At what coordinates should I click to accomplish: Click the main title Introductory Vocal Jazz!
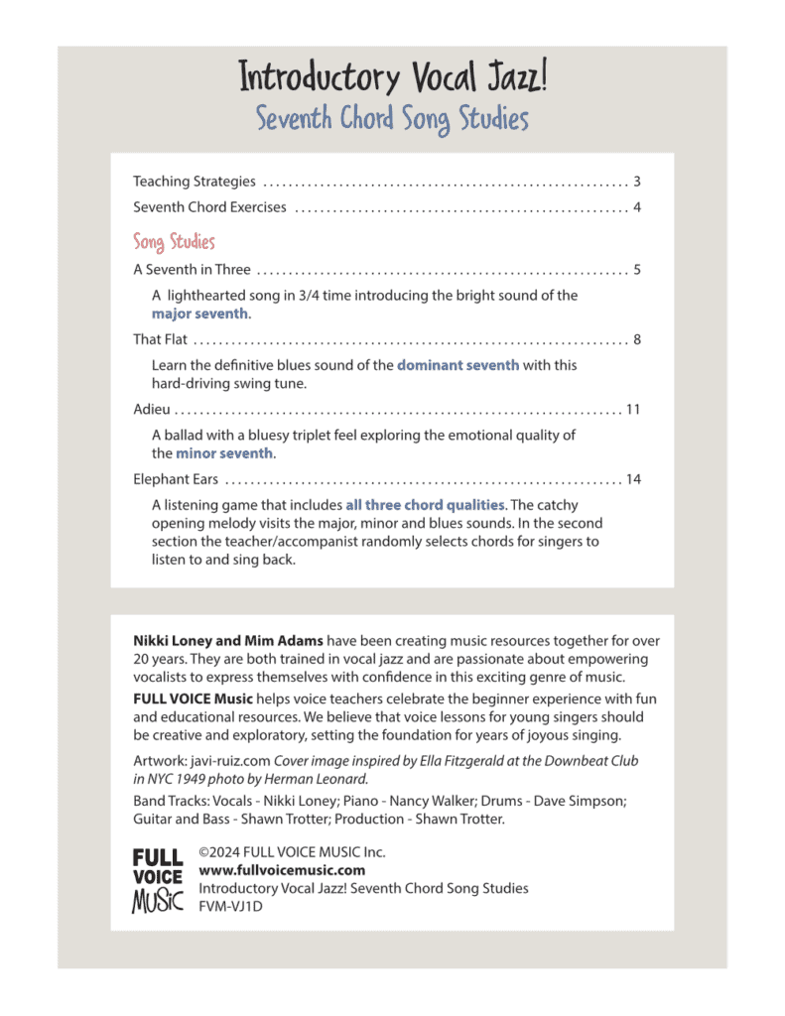click(392, 77)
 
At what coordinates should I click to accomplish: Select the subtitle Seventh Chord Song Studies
click(392, 120)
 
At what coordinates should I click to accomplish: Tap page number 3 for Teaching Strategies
click(636, 182)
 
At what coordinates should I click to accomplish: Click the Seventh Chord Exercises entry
click(209, 207)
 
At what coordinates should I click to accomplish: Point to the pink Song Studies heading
click(174, 242)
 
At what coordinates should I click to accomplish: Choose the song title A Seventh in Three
click(192, 269)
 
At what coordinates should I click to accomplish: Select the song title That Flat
click(160, 339)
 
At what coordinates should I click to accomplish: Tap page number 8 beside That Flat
click(636, 339)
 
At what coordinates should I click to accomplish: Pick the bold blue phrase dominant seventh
click(458, 365)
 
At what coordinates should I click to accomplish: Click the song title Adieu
click(152, 409)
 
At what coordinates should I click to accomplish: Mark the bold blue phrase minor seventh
click(224, 453)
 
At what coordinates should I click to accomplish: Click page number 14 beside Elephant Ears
click(633, 479)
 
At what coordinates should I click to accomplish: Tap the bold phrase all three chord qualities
click(425, 505)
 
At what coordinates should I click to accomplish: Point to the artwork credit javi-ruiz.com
click(211, 761)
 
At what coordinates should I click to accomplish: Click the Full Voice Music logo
click(158, 880)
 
